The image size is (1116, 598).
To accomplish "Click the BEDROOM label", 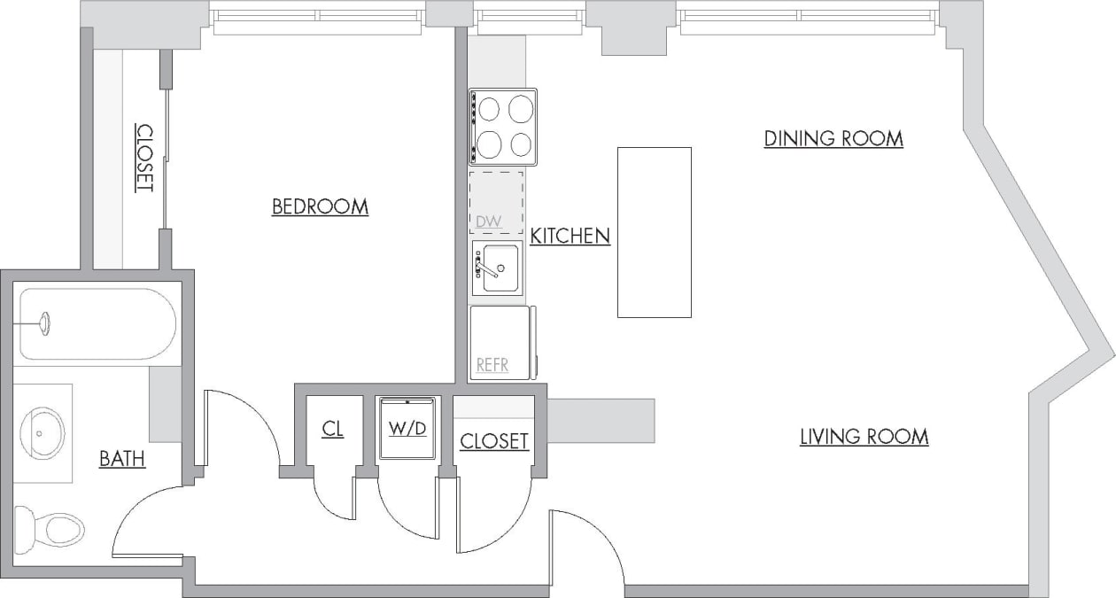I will click(x=320, y=206).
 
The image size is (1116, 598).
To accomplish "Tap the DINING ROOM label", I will click(x=833, y=138).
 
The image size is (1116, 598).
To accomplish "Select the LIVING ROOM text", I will click(x=864, y=436).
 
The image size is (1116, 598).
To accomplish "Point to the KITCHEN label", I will click(x=570, y=236).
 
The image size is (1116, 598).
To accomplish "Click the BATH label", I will click(x=122, y=459).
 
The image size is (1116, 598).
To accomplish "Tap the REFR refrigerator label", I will click(x=492, y=364).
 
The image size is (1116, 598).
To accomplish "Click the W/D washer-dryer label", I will click(x=407, y=429).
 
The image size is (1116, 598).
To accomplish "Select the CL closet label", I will click(x=332, y=429).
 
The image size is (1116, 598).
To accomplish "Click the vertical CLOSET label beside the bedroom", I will click(x=144, y=158).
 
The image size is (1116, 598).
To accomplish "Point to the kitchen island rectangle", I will click(x=654, y=232).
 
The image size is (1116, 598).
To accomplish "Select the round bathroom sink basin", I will click(x=42, y=432).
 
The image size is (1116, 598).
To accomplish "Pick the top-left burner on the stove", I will click(x=489, y=109).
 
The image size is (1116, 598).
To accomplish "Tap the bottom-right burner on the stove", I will click(x=522, y=143).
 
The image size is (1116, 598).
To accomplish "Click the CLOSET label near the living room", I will click(x=494, y=440).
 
